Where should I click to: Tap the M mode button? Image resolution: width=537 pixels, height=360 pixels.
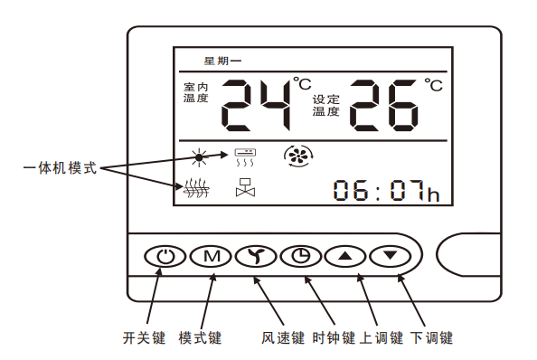[x=211, y=256]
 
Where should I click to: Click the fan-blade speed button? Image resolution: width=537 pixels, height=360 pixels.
[x=254, y=256]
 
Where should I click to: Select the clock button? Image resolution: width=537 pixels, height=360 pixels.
[x=297, y=256]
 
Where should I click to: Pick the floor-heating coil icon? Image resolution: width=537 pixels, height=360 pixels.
[x=196, y=190]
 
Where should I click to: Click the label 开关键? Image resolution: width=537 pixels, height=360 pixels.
[x=145, y=338]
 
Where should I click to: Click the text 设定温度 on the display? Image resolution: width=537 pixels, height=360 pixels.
[x=326, y=106]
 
